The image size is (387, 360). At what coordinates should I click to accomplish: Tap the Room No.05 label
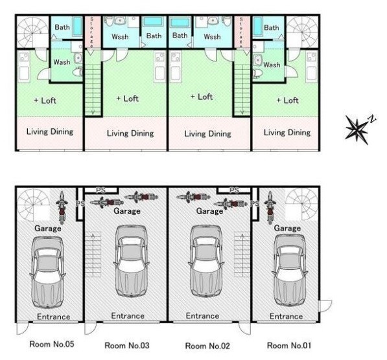[x=52, y=344]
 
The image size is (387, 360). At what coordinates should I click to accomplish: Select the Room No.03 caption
[x=127, y=345]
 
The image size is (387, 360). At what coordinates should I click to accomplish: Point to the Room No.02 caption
[x=207, y=346]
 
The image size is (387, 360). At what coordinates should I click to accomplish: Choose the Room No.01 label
[x=288, y=345]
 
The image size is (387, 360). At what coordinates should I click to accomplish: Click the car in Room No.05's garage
[x=47, y=273]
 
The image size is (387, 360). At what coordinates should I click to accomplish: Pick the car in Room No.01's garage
[x=290, y=270]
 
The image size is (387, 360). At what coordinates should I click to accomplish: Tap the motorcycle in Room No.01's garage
[x=270, y=208]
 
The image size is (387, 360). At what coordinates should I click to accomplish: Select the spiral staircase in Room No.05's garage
[x=33, y=205]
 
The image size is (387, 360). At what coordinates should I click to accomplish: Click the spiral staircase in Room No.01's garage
[x=301, y=205]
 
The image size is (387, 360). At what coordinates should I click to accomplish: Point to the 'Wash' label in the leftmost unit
[x=62, y=62]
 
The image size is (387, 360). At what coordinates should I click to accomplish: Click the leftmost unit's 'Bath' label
[x=62, y=27]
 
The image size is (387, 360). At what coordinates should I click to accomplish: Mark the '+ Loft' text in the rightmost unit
[x=288, y=100]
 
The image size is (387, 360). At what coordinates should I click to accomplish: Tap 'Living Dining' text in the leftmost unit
[x=50, y=131]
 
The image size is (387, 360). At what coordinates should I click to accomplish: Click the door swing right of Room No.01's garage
[x=325, y=306]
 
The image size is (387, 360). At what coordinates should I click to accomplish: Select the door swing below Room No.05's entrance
[x=23, y=328]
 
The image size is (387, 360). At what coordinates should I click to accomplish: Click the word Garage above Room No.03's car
[x=127, y=211]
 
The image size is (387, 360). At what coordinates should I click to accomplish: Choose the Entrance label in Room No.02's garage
[x=202, y=316]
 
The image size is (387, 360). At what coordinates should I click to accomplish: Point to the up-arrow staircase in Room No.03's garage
[x=93, y=254]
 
